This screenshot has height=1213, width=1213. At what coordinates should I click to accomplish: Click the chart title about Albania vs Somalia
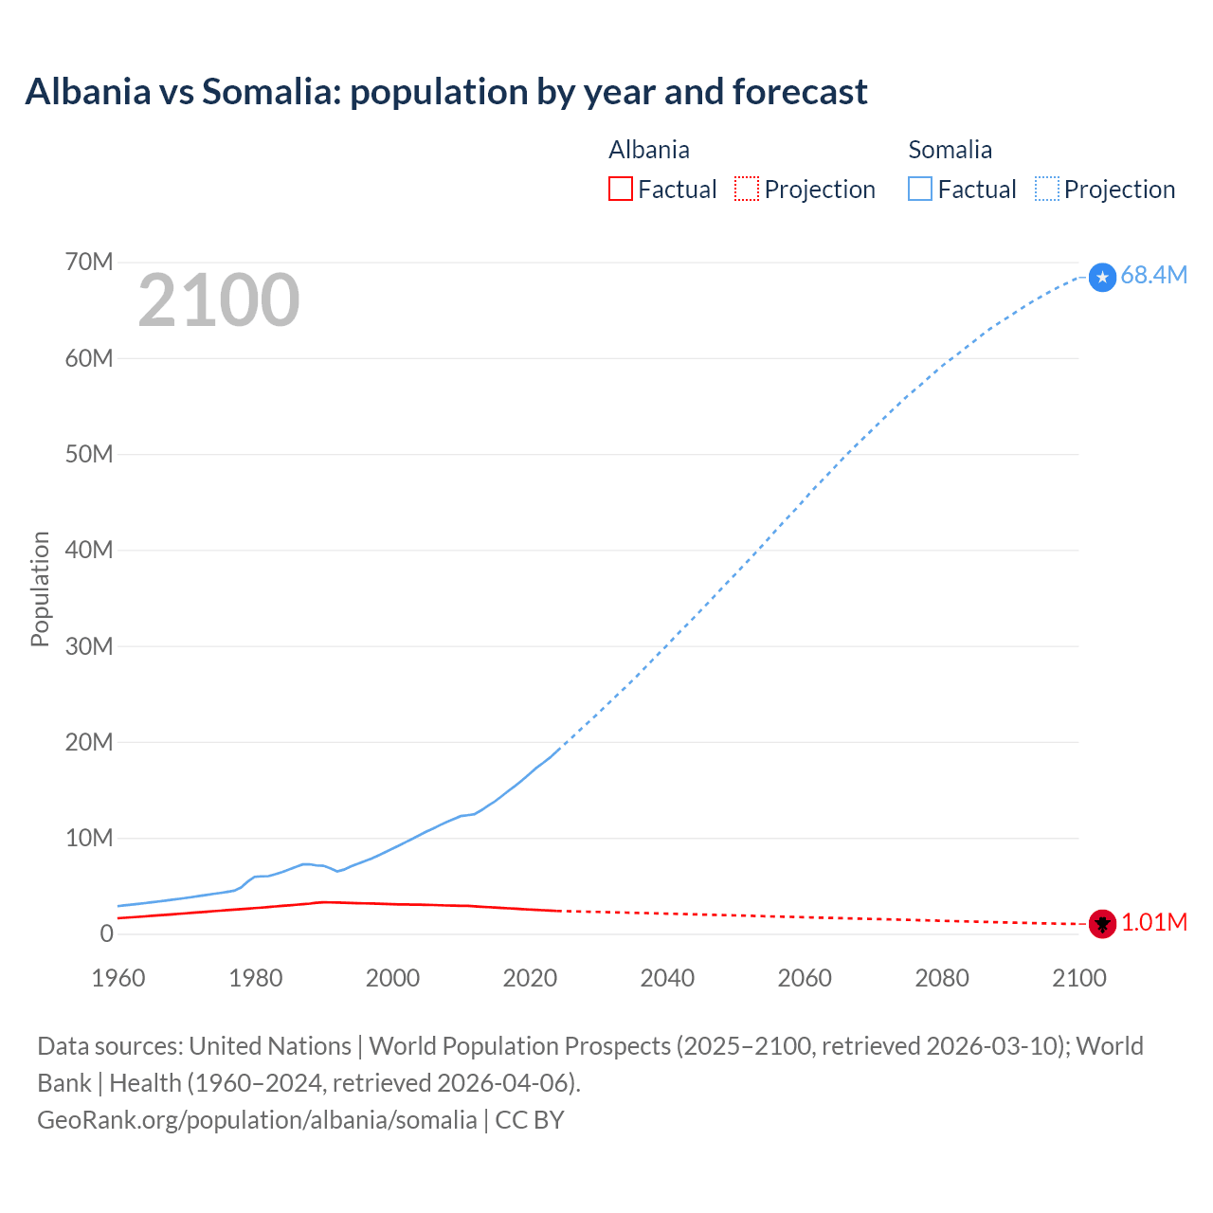446,92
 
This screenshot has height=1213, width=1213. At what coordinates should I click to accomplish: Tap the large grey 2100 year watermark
219,300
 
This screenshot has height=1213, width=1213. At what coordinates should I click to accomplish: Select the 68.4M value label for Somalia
1153,275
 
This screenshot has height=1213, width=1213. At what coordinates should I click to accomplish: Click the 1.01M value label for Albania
1153,922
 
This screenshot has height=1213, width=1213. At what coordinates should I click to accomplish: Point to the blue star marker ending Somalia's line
1102,277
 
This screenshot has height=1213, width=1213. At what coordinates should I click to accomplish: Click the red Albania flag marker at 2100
1102,923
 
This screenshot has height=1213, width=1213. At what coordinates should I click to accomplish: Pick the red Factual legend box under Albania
621,189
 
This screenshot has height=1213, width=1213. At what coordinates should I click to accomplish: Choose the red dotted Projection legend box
747,189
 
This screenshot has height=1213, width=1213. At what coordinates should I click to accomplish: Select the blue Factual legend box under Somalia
920,189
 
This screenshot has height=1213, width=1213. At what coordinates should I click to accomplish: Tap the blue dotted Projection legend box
1047,189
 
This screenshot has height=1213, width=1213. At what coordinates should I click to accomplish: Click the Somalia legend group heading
950,150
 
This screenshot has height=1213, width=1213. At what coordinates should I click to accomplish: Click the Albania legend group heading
649,150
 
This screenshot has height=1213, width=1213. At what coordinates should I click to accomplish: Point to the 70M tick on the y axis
89,262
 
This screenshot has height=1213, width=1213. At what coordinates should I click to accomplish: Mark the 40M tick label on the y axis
89,550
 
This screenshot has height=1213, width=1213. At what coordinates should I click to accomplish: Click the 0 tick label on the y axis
106,933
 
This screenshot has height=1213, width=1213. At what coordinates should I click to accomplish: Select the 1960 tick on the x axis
118,978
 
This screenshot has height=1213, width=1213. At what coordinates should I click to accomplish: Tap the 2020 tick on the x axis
530,978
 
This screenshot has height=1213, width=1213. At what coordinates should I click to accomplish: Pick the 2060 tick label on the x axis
805,978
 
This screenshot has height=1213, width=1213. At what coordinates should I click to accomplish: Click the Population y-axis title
40,588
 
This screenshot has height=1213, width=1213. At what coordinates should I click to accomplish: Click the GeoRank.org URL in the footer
257,1120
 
